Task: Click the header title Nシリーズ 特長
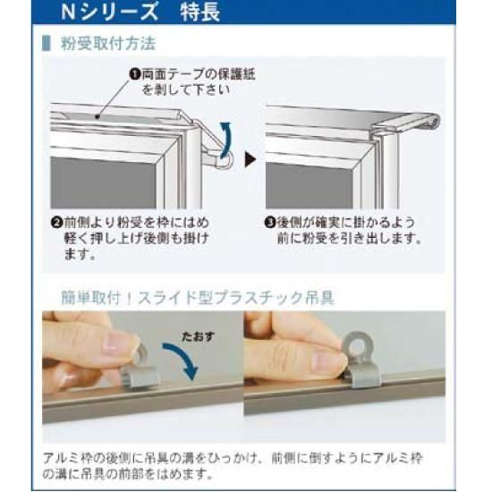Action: [x=140, y=12]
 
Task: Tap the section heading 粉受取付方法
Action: [x=108, y=43]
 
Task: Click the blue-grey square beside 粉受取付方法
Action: [x=47, y=43]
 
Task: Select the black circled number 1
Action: [x=134, y=74]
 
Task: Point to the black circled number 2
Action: [x=56, y=223]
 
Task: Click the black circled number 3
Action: [x=270, y=223]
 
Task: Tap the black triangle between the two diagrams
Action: [x=250, y=159]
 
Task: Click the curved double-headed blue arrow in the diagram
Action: [x=226, y=140]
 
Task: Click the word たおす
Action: [x=199, y=336]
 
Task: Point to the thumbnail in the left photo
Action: [x=120, y=343]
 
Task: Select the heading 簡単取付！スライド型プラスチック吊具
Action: [x=198, y=298]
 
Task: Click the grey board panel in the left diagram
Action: [x=104, y=182]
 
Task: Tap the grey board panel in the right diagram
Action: [x=310, y=185]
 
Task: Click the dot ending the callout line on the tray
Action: [x=98, y=117]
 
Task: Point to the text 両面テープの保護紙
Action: [x=199, y=74]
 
